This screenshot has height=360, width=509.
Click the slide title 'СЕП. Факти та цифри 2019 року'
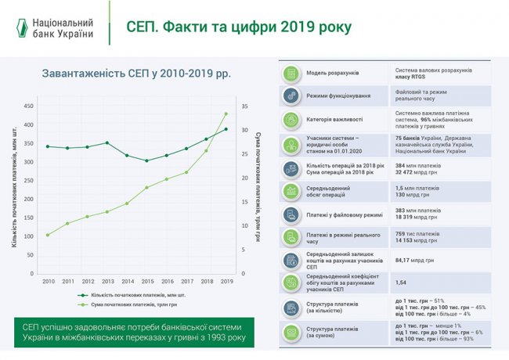(239, 27)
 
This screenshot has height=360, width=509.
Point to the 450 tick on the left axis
(28, 106)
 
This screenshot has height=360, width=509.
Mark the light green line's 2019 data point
(226, 113)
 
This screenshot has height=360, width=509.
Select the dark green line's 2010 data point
(48, 146)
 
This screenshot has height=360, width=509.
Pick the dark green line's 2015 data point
(146, 160)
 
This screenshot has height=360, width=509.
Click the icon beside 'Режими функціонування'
(291, 95)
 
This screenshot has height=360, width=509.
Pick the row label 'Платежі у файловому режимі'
(345, 215)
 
